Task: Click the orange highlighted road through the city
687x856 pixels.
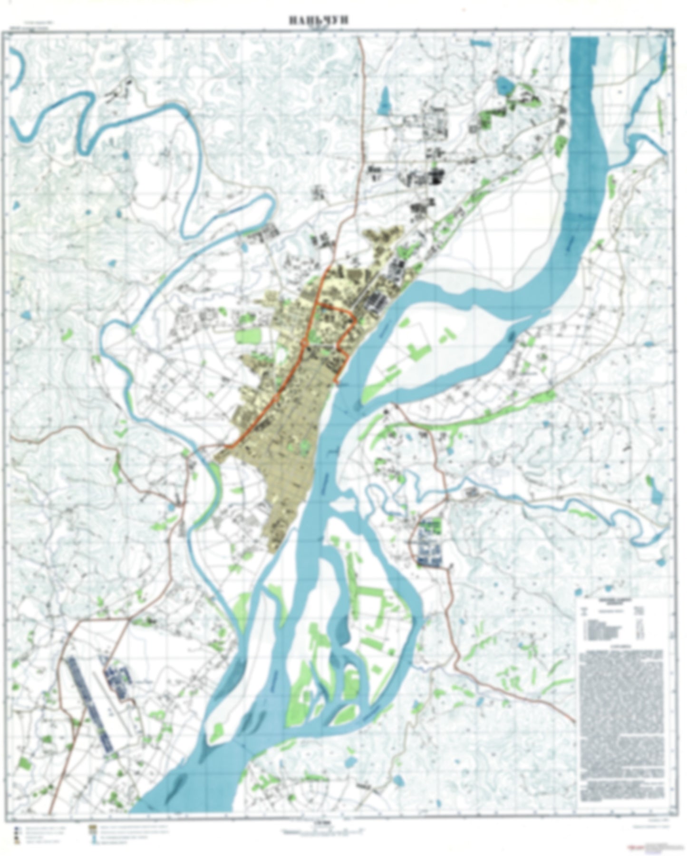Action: pyautogui.click(x=285, y=380)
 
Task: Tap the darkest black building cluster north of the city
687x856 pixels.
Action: pyautogui.click(x=435, y=178)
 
